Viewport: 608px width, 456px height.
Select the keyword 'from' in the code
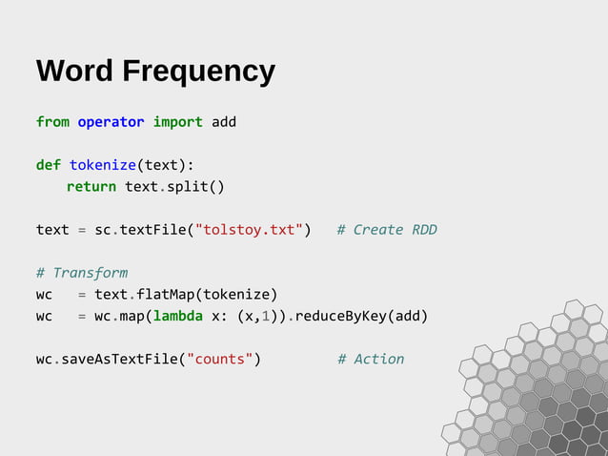pos(52,122)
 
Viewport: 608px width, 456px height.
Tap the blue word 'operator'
pos(111,122)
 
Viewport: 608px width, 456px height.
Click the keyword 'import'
pos(177,122)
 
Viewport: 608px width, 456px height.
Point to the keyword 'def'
pos(49,165)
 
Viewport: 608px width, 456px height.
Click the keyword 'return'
pos(91,186)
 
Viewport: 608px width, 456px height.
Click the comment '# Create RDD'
pos(387,230)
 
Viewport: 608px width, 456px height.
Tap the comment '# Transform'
pos(82,273)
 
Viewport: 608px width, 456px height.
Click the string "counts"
pos(224,359)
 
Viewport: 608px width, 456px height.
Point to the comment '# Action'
pos(371,359)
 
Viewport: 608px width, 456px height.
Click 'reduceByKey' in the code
pos(336,316)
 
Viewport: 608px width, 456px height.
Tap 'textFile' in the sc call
pos(152,230)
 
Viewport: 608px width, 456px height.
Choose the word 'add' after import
pos(224,122)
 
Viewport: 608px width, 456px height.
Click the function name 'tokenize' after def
pos(102,165)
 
